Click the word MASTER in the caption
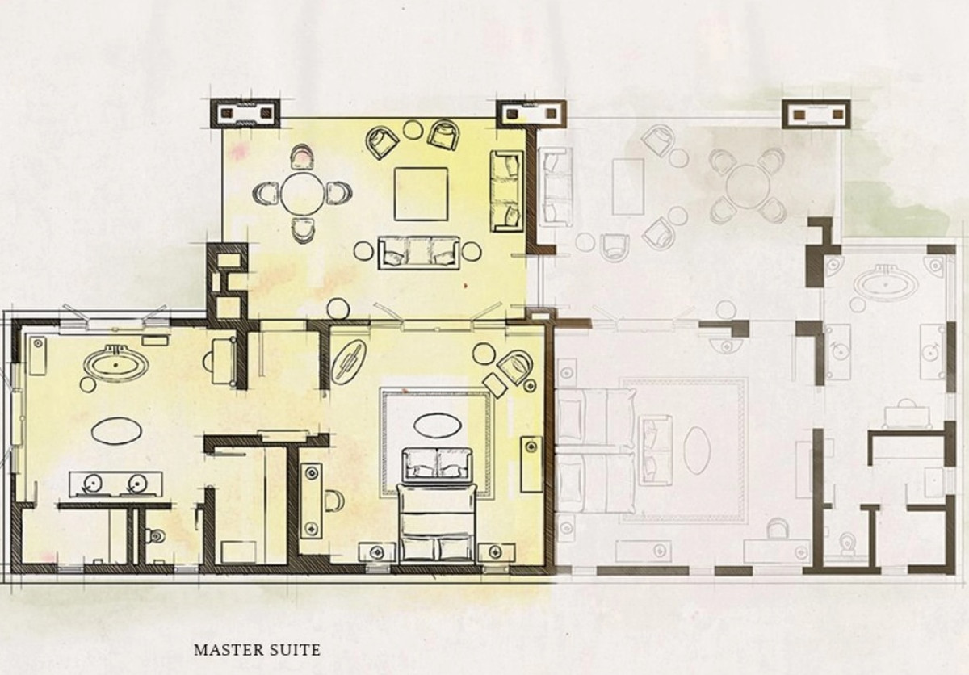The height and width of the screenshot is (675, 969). pyautogui.click(x=228, y=650)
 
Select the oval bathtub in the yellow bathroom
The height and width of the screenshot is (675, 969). pyautogui.click(x=115, y=363)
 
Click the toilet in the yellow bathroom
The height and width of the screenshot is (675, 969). pyautogui.click(x=155, y=536)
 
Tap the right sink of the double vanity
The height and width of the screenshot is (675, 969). pyautogui.click(x=136, y=483)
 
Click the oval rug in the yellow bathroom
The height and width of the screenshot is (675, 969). pyautogui.click(x=116, y=430)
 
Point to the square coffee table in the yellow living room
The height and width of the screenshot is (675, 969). pyautogui.click(x=421, y=194)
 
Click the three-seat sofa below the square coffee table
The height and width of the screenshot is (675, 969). pyautogui.click(x=418, y=253)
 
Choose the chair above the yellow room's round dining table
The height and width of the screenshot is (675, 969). pyautogui.click(x=301, y=157)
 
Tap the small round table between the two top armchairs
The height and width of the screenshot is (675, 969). pyautogui.click(x=414, y=129)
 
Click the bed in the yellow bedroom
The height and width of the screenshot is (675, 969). pyautogui.click(x=436, y=525)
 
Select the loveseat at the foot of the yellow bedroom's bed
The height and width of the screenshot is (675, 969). pyautogui.click(x=437, y=464)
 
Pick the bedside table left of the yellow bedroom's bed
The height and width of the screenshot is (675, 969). pyautogui.click(x=376, y=553)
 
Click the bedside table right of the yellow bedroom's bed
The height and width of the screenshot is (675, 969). pyautogui.click(x=496, y=553)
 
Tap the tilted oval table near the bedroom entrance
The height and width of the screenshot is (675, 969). pyautogui.click(x=349, y=361)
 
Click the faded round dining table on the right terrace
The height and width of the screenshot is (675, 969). pyautogui.click(x=748, y=186)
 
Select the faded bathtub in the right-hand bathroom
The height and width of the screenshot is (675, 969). pyautogui.click(x=885, y=283)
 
